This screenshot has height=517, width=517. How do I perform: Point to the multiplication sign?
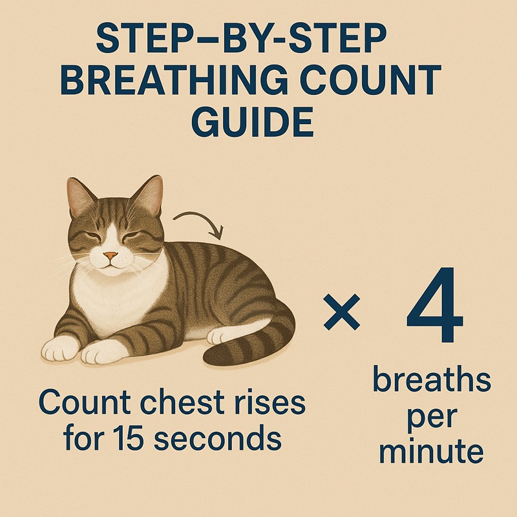pyautogui.click(x=341, y=315)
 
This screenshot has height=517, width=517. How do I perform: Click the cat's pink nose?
pyautogui.click(x=112, y=256)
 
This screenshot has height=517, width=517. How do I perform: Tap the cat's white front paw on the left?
pyautogui.click(x=61, y=349)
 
